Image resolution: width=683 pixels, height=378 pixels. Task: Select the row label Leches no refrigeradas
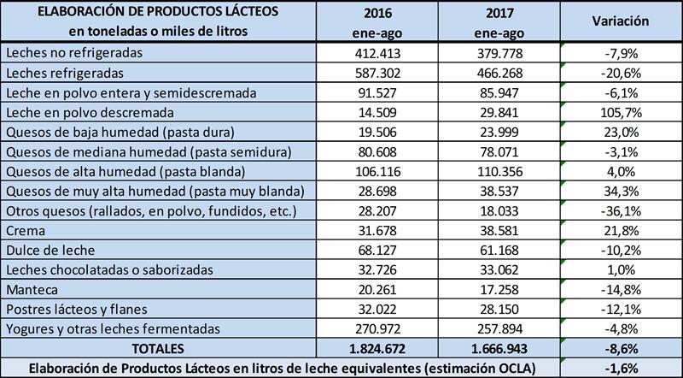[x=73, y=53]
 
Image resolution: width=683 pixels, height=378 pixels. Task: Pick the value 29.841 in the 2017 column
[x=497, y=112]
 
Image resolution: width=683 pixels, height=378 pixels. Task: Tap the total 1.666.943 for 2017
[x=497, y=349]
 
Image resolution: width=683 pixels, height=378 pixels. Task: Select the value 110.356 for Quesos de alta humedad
[x=497, y=171]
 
